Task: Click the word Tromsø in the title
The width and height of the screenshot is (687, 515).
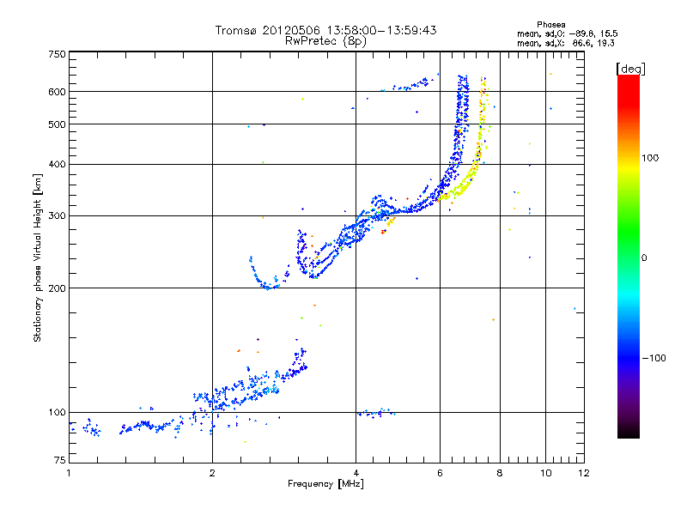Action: pos(234,30)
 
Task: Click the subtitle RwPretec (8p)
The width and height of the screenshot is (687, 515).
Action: pos(326,40)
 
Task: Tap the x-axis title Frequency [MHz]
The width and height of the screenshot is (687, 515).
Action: pos(325,485)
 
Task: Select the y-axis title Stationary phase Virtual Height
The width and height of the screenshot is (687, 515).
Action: pos(38,258)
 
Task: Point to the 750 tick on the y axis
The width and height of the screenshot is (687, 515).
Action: pos(56,54)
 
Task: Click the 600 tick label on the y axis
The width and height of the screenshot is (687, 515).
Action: pos(56,92)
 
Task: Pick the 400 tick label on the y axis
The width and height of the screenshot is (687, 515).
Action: pos(56,164)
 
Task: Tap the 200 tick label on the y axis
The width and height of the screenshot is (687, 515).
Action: pos(56,288)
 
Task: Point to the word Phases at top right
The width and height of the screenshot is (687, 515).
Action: pos(550,24)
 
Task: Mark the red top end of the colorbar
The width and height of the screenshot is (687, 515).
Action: pos(628,80)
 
